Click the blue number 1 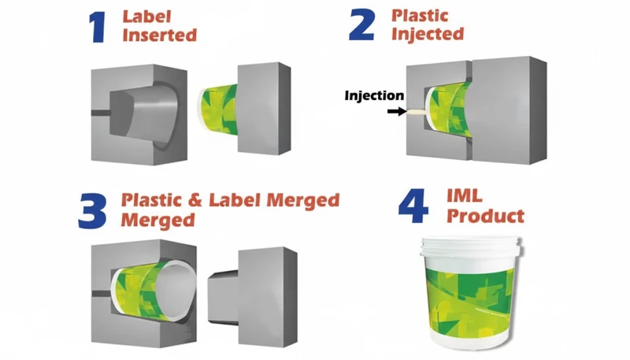(x=98, y=26)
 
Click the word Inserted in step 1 (x=159, y=35)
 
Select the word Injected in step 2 (x=428, y=35)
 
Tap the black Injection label (x=373, y=96)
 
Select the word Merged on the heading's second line (x=155, y=220)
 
